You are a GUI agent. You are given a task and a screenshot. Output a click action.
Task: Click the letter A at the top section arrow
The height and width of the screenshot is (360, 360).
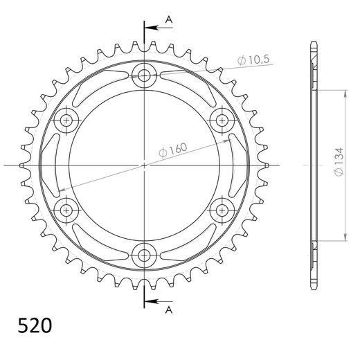168,20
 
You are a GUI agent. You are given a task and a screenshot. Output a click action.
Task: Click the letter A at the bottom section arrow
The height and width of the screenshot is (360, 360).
168,311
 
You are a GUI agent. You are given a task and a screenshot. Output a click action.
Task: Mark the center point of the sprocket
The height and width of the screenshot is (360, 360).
145,165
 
